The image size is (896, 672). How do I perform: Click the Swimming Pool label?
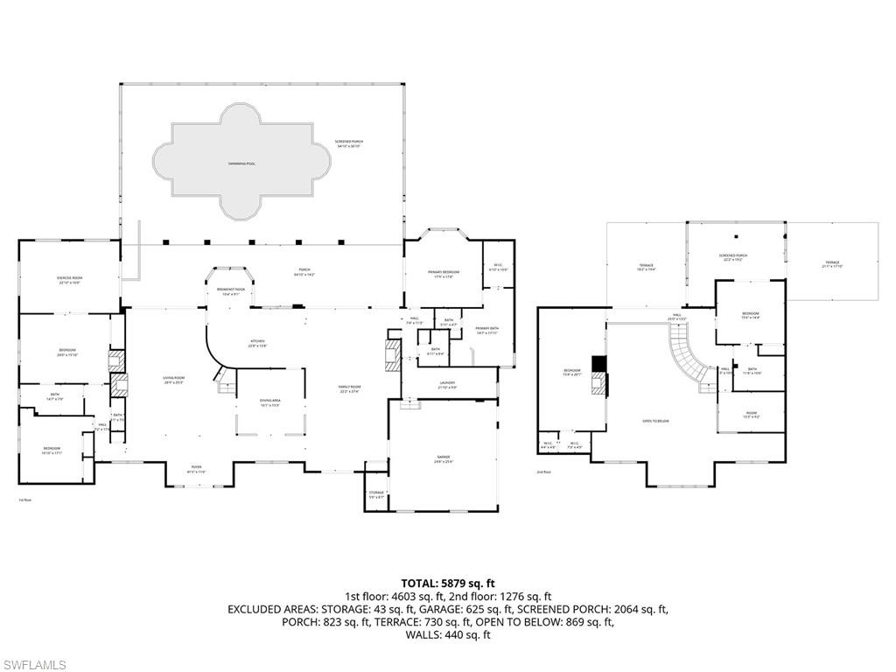241,164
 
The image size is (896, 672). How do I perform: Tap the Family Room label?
350,388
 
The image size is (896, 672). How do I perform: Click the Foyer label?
197,468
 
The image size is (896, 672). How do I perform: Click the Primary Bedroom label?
444,274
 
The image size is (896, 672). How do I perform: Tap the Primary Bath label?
486,331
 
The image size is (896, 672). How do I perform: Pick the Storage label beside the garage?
376,494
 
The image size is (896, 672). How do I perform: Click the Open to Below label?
655,422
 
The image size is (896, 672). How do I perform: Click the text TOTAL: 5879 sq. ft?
448,583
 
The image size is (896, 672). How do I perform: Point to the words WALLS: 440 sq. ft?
448,634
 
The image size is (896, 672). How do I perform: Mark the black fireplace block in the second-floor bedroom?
598,364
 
